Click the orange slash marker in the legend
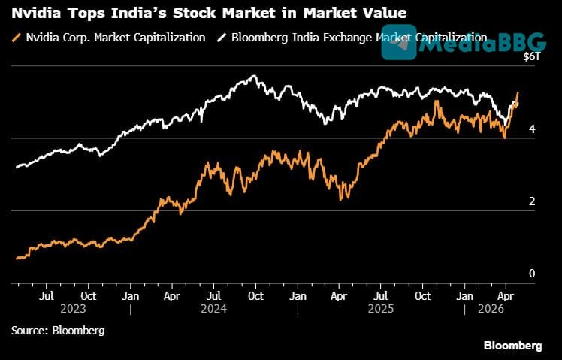pyautogui.click(x=17, y=38)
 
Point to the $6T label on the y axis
pyautogui.click(x=530, y=57)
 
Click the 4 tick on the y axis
pyautogui.click(x=533, y=129)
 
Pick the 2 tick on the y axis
pyautogui.click(x=533, y=201)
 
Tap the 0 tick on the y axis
pyautogui.click(x=533, y=274)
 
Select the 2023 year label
pyautogui.click(x=74, y=309)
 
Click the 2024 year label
pyautogui.click(x=214, y=309)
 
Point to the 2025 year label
pyautogui.click(x=382, y=309)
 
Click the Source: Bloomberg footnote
pyautogui.click(x=57, y=330)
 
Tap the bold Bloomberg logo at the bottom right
pyautogui.click(x=512, y=346)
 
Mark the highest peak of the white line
pyautogui.click(x=255, y=75)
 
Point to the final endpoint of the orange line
pyautogui.click(x=518, y=92)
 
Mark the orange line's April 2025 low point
pyautogui.click(x=342, y=199)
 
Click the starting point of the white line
pyautogui.click(x=16, y=167)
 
